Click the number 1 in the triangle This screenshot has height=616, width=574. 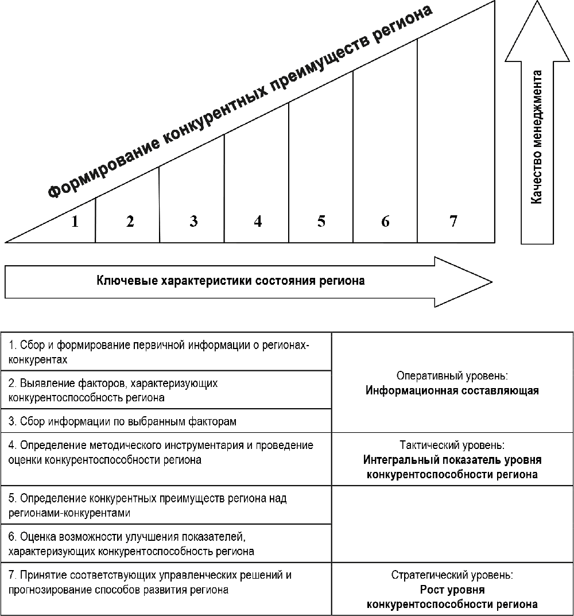pos(75,222)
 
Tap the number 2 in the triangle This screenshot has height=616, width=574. pos(130,222)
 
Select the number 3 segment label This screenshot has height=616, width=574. pos(193,221)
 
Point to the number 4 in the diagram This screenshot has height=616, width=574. pos(258,221)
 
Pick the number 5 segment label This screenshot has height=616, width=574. pos(321,221)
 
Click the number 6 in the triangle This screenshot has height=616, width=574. pos(385,221)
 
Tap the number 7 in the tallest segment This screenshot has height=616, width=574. pos(453,221)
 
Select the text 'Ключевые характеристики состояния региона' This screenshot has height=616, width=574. pos(231,281)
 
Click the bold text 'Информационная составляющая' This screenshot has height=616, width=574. pos(452,391)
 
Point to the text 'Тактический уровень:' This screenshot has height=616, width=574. pos(452,445)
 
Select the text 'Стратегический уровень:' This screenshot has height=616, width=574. pos(452,575)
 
